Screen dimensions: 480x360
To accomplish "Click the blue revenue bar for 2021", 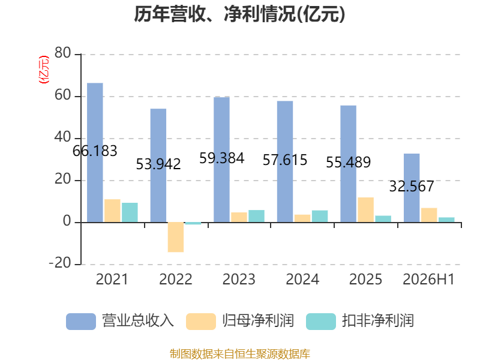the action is click(95, 152).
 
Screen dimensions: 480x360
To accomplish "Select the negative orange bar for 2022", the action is click(176, 237).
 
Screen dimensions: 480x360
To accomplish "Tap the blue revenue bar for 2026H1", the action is click(412, 188).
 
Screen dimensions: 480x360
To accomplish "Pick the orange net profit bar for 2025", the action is click(366, 209).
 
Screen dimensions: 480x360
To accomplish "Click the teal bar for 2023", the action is click(257, 216).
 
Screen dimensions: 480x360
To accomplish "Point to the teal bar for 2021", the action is click(130, 212).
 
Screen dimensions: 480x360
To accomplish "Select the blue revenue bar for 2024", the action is click(285, 161).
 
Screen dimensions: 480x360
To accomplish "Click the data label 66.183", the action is click(95, 151).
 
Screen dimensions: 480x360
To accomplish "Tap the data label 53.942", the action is click(158, 164).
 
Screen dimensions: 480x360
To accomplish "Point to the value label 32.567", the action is click(412, 187).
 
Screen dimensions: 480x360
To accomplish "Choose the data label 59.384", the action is click(221, 158).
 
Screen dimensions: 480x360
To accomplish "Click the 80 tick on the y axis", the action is click(63, 53).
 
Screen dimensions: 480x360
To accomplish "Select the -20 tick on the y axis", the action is click(60, 263).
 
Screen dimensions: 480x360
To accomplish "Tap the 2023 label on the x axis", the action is click(239, 279).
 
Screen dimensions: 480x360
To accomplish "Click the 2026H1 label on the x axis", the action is click(428, 279).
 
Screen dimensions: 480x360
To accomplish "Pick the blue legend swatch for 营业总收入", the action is click(81, 322).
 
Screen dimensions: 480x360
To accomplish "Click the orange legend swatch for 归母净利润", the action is click(201, 322).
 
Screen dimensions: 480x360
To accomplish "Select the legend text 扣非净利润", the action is click(378, 321).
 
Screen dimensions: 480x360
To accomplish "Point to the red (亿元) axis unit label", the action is click(43, 70).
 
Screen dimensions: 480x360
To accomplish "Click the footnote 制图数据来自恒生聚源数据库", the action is click(240, 354).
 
